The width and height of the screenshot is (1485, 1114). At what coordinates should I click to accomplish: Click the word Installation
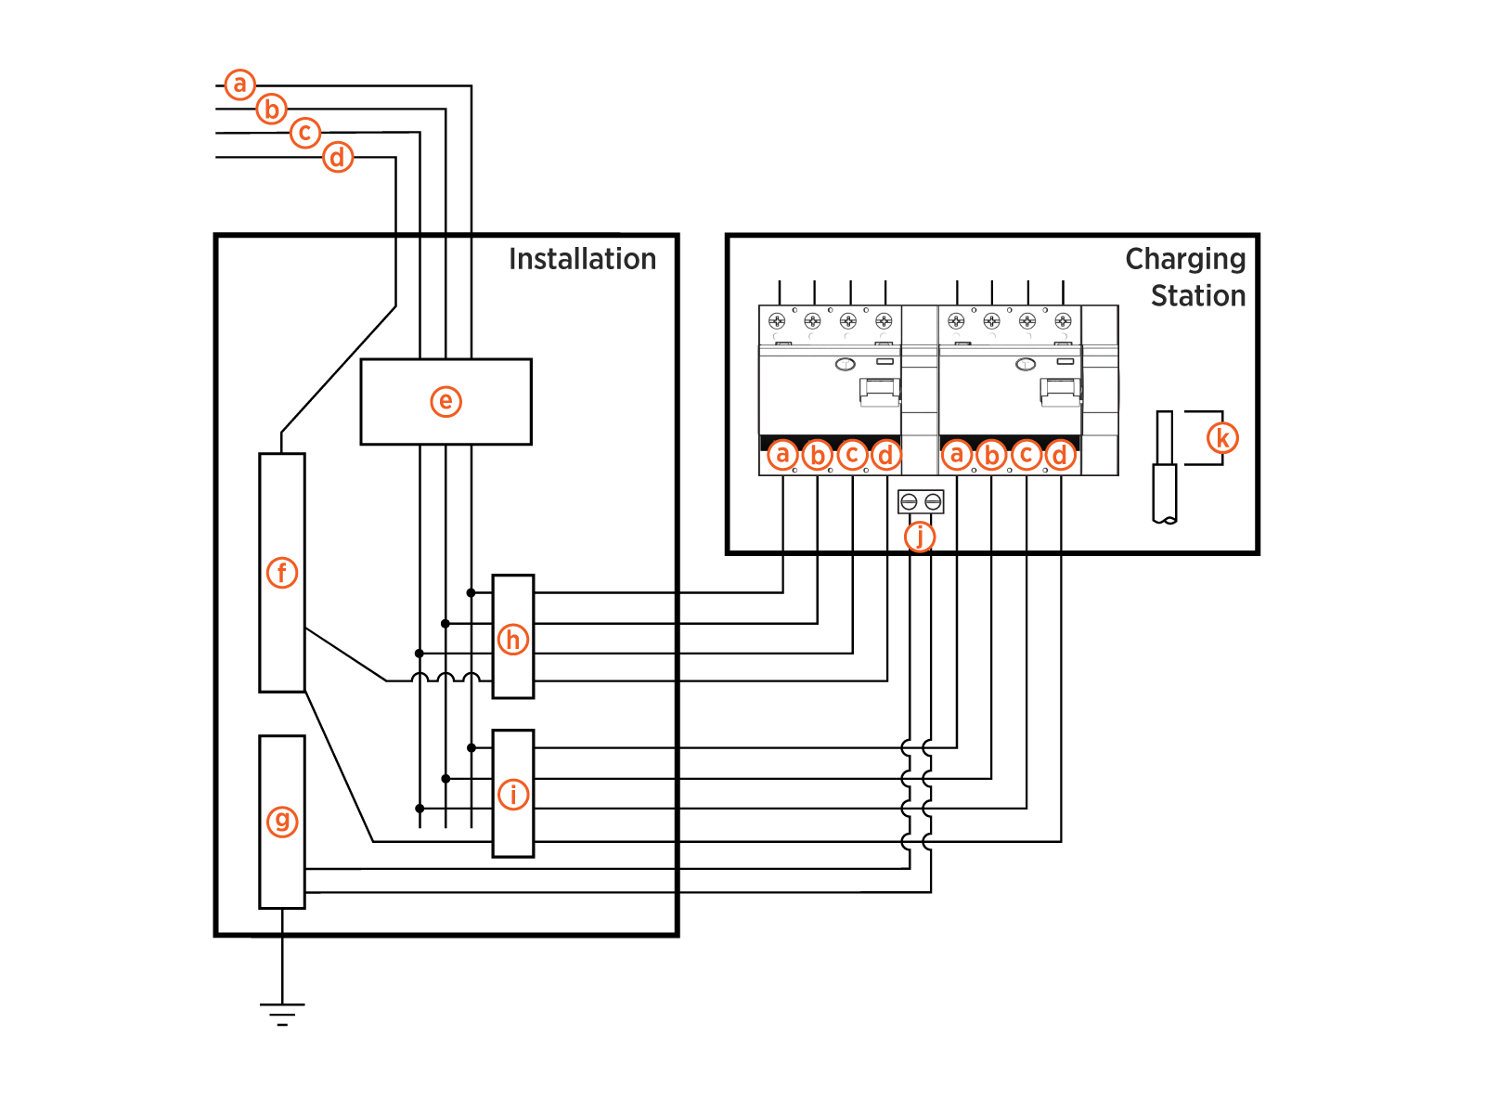pos(582,259)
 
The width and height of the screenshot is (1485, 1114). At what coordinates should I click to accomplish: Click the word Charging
pos(1185,259)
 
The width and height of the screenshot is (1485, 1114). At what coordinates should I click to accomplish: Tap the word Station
pos(1197,296)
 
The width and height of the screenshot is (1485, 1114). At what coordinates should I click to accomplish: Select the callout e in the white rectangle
pos(445,401)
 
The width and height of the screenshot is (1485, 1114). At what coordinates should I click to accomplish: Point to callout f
pos(282,573)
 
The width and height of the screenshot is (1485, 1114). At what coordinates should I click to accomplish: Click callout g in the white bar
pos(282,822)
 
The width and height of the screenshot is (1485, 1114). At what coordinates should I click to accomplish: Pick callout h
pos(513,640)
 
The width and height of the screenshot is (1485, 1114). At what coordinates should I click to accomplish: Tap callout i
pos(513,795)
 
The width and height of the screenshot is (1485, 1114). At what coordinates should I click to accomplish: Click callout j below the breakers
pos(920,537)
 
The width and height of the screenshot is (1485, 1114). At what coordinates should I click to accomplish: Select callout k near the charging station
pos(1222,438)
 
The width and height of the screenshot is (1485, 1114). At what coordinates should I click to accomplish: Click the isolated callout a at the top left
pos(240,84)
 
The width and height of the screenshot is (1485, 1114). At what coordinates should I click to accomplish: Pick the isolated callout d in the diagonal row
pos(338,158)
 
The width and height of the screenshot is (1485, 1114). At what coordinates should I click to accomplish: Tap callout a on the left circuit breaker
pos(782,455)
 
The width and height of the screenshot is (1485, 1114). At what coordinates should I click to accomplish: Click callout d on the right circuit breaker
pos(1060,456)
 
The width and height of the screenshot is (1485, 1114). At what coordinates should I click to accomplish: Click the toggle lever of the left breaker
pos(879,392)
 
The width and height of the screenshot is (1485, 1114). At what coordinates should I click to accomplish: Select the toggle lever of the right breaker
pos(1059,392)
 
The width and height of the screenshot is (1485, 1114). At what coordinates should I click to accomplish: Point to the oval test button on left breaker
pos(845,364)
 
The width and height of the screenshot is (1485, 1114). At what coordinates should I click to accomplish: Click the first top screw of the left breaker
pos(777,321)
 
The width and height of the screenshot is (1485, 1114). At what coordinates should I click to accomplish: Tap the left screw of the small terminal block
pos(909,502)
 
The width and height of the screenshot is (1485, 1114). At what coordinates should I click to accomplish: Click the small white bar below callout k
pos(1165,492)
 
